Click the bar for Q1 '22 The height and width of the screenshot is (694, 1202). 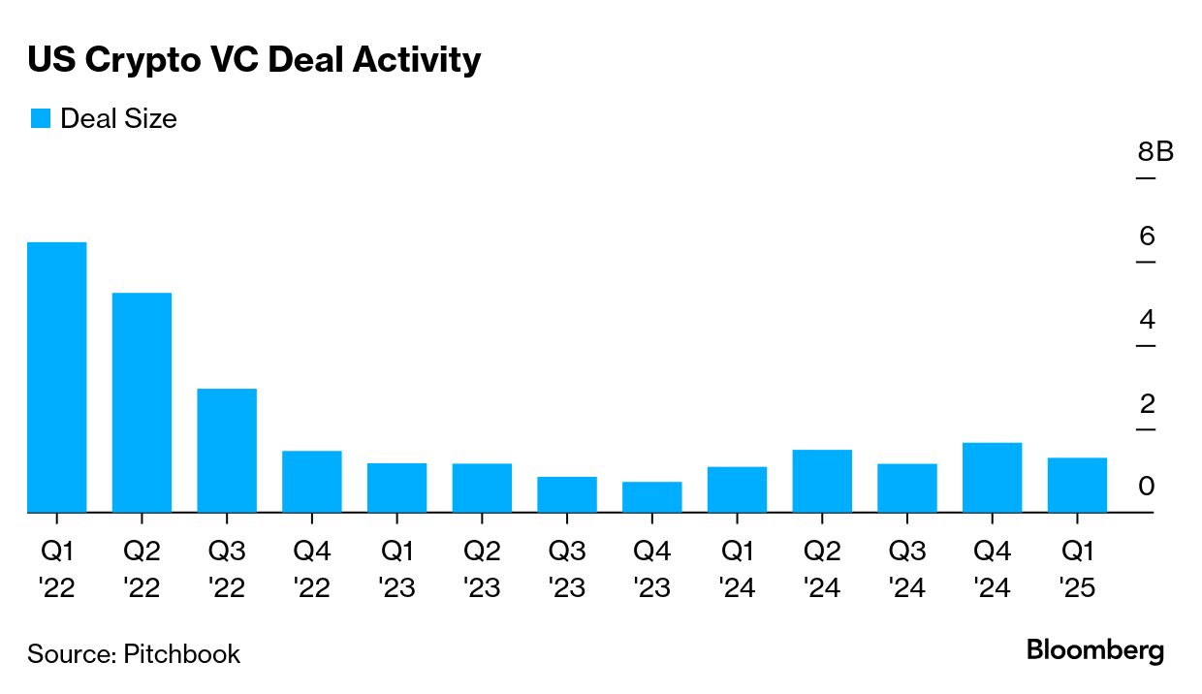pos(57,377)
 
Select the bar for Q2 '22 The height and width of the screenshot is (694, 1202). pos(142,402)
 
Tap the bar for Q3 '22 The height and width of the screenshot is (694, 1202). pos(227,451)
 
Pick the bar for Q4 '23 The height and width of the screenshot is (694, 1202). pos(652,497)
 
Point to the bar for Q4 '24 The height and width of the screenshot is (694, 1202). pos(992,478)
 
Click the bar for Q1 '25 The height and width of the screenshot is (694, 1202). pos(1077,485)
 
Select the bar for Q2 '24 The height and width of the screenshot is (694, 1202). pos(822,481)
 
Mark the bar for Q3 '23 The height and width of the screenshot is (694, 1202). pos(567,494)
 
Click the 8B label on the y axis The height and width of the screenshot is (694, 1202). pos(1155,152)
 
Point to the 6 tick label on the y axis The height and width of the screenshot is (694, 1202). pos(1147,236)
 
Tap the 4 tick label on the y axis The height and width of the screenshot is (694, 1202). pos(1147,319)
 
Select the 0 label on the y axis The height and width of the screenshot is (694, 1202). pos(1147,486)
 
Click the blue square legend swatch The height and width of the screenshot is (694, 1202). pos(40,119)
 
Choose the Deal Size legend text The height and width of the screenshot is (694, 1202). pos(118,119)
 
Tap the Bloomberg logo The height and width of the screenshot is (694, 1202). pos(1095,650)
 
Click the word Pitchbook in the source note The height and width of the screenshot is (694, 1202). pos(181,653)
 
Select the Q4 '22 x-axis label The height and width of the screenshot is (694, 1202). pos(312,570)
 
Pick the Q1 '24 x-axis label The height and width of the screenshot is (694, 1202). pos(738,570)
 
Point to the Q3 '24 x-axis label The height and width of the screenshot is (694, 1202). pos(907,570)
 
